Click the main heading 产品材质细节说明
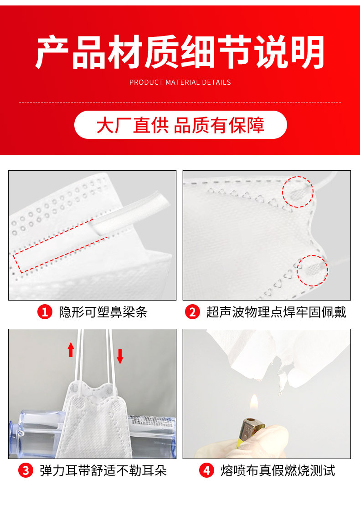point(180,52)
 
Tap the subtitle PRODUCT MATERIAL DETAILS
point(180,82)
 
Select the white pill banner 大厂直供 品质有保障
point(180,125)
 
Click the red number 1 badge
point(45,312)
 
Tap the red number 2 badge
point(192,312)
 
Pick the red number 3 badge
point(26,470)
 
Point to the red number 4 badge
point(206,470)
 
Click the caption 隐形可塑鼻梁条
point(103,312)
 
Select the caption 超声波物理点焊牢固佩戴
point(276,312)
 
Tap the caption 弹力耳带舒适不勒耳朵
point(103,470)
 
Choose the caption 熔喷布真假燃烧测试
point(278,470)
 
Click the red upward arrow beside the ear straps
point(71,350)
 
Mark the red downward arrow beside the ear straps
point(120,357)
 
